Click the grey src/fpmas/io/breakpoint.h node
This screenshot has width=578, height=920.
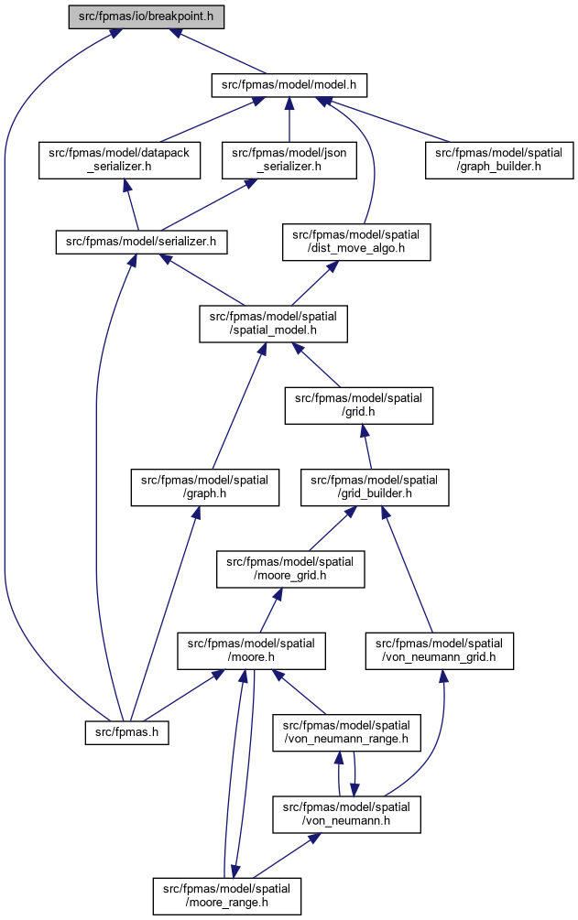click(147, 16)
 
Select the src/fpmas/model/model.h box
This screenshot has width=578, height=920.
click(289, 85)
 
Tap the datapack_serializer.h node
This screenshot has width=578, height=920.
click(119, 159)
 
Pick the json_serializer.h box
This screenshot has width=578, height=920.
click(289, 159)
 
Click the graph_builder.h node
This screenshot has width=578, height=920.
click(499, 159)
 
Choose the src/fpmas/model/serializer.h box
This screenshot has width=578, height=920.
click(142, 242)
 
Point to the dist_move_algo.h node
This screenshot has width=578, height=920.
click(356, 242)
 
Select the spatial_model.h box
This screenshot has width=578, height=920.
click(273, 323)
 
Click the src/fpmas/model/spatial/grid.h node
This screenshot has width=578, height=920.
click(359, 405)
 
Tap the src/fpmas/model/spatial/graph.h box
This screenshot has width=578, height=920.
click(204, 487)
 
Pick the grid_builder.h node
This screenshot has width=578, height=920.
click(375, 487)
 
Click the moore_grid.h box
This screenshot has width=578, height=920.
click(290, 568)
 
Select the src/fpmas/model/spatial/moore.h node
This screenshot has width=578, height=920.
click(251, 651)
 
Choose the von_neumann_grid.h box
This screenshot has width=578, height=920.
click(440, 651)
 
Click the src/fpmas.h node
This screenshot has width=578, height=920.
click(127, 733)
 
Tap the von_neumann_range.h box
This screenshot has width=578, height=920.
click(346, 732)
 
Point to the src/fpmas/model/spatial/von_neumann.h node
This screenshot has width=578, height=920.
click(346, 814)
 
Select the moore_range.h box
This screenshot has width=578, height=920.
click(227, 896)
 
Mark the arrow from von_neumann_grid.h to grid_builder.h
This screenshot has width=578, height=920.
click(407, 569)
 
